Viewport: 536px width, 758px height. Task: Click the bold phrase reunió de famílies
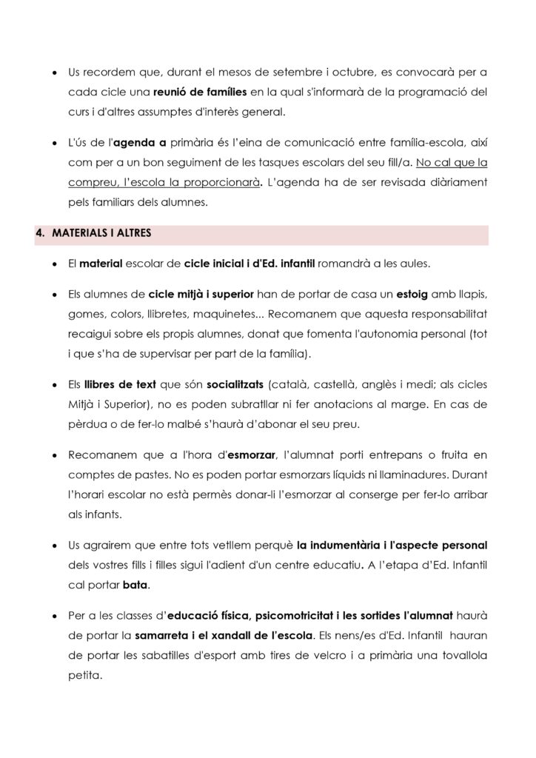coord(199,93)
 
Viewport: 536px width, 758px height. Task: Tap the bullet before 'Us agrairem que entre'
coord(55,546)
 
